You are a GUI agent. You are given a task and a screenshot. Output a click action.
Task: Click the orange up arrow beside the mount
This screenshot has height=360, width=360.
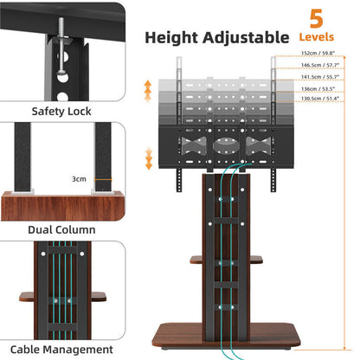[147, 88]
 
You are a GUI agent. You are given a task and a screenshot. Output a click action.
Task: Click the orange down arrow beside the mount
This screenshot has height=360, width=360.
[147, 157]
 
